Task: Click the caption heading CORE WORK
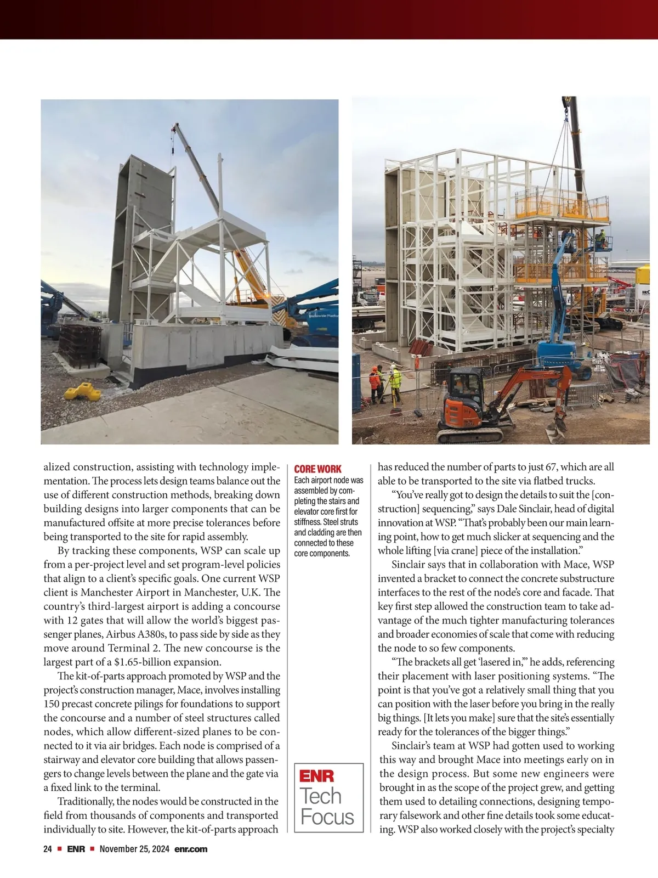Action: (x=317, y=469)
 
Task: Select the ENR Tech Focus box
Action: (x=329, y=797)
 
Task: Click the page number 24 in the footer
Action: (x=48, y=849)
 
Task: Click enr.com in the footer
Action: (x=191, y=849)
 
